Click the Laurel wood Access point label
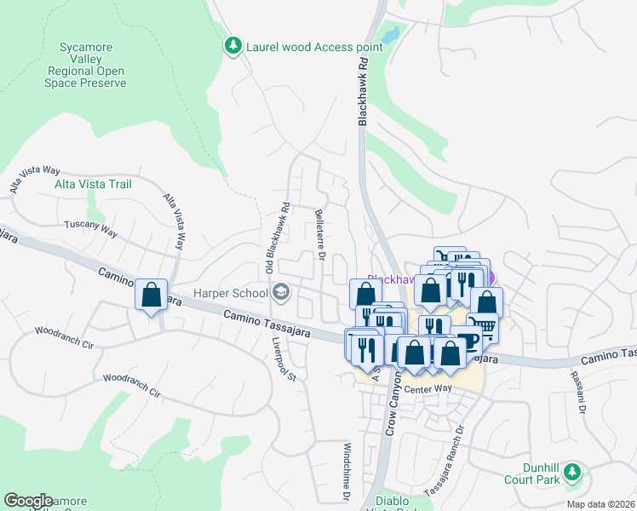click(301, 47)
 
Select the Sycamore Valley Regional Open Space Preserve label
click(87, 65)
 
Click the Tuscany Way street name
click(90, 228)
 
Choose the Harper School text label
click(230, 294)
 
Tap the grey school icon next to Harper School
click(280, 294)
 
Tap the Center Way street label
click(428, 389)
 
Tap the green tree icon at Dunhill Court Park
click(573, 471)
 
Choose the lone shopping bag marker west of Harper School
click(151, 295)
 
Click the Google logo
click(28, 501)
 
